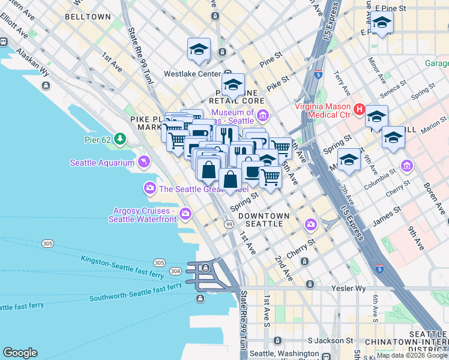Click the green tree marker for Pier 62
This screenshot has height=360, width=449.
120,139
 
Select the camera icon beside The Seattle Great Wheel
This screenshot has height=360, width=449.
149,189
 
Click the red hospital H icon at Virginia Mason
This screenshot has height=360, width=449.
360,109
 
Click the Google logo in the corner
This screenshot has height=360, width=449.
20,353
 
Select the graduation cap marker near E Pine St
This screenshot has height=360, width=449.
381,23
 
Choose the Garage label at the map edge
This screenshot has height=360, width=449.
436,63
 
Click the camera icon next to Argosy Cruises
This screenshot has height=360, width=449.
185,213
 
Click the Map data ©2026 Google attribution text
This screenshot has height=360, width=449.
412,355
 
